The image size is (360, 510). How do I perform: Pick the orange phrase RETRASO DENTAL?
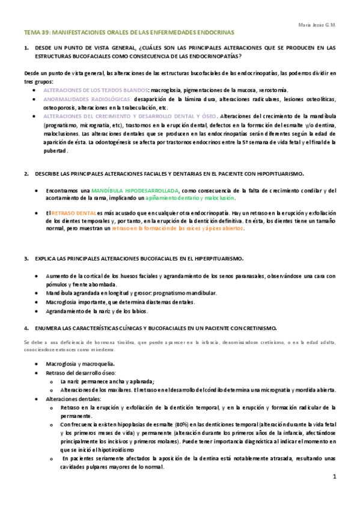click(x=73, y=213)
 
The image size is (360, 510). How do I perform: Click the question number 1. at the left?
click(x=26, y=47)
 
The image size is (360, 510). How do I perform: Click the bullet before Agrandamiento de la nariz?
click(x=37, y=311)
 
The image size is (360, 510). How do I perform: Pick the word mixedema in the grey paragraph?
click(x=82, y=349)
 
